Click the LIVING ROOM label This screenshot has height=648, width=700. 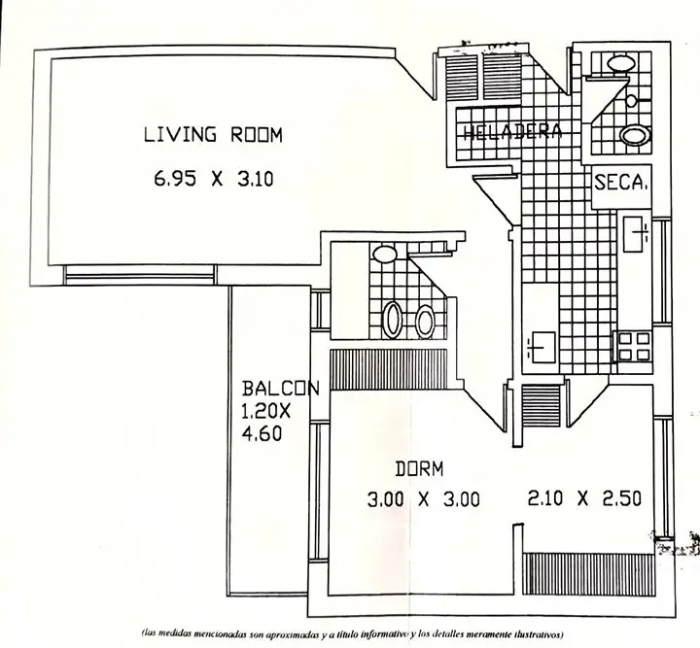(x=213, y=135)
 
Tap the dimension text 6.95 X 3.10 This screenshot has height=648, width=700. (x=213, y=180)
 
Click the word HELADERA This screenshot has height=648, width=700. (x=512, y=131)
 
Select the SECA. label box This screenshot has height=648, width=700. (x=621, y=186)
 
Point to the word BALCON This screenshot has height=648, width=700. (x=281, y=389)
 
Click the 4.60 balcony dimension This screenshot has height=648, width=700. (x=262, y=433)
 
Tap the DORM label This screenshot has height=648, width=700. (x=419, y=469)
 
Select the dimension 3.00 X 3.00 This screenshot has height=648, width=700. (x=423, y=499)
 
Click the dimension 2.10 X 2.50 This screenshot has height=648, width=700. (x=584, y=498)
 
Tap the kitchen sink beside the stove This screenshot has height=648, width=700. (x=542, y=347)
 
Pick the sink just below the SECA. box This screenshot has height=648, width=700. (x=636, y=234)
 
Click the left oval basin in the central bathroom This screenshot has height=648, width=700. (x=393, y=321)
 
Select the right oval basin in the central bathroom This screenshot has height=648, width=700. (x=424, y=322)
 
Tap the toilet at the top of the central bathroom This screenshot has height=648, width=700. (x=385, y=255)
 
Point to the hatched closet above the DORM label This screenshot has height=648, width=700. (x=388, y=370)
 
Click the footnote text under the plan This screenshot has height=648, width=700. (x=353, y=633)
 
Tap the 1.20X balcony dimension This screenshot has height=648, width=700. (x=266, y=411)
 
